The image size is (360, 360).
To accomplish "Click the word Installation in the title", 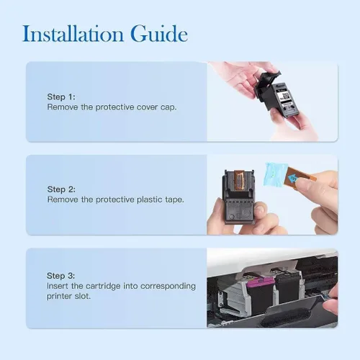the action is click(73, 34).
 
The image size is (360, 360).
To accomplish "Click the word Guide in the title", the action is click(159, 34).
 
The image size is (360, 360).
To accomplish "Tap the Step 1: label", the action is click(61, 97).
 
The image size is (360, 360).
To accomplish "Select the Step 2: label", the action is click(61, 189).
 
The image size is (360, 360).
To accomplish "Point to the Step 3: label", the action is click(60, 276).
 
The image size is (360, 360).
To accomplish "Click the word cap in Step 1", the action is click(168, 107).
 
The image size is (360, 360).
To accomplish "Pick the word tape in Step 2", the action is click(174, 199).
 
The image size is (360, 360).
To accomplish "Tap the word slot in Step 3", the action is click(83, 296).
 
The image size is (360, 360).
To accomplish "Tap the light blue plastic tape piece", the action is click(275, 175).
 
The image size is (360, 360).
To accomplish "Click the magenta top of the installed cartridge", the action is click(261, 282).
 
